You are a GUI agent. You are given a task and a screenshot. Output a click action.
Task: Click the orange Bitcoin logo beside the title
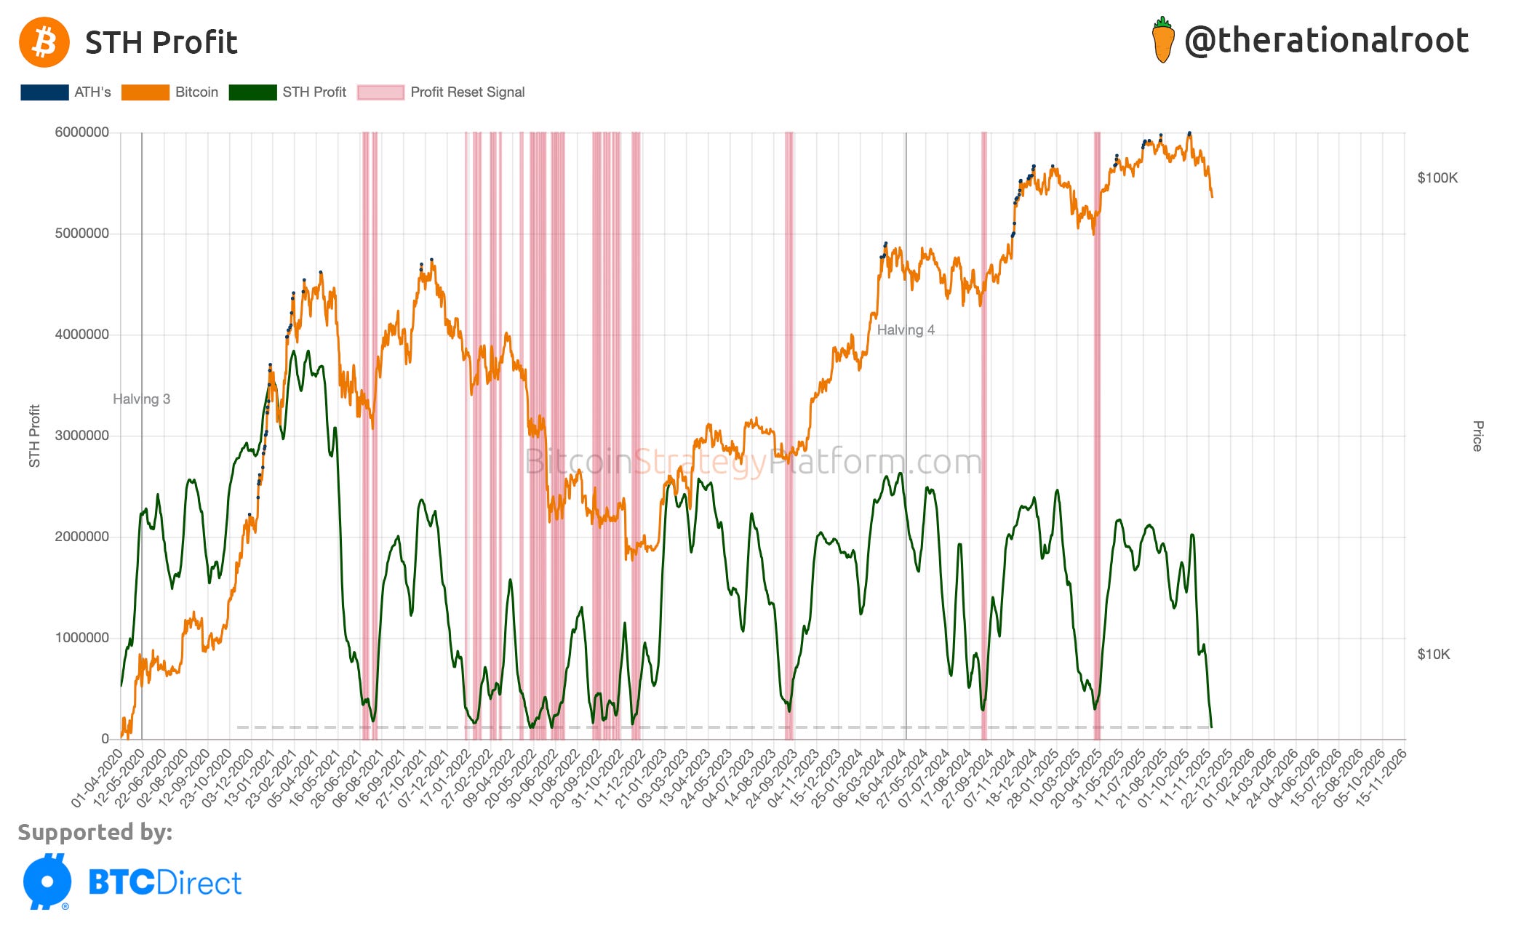[44, 42]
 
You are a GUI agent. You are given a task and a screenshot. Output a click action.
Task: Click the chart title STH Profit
[161, 43]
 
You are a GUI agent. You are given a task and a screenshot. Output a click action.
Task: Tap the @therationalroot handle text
[1326, 41]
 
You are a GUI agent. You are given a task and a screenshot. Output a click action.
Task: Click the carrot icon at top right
[1162, 40]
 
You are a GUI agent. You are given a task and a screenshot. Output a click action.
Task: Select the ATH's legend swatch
[44, 92]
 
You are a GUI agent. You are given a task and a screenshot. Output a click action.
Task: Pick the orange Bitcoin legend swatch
[145, 92]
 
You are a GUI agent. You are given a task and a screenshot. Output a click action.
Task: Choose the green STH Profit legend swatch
[252, 92]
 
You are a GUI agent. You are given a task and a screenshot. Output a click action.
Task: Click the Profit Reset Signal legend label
[467, 92]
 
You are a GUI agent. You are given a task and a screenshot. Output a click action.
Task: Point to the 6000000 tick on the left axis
[82, 132]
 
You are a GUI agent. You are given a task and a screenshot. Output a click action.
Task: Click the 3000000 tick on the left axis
[82, 436]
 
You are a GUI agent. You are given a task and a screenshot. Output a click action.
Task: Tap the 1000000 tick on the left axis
[82, 638]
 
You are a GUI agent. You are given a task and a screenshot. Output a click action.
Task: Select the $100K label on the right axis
[1437, 178]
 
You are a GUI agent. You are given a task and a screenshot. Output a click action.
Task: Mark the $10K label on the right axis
[1434, 655]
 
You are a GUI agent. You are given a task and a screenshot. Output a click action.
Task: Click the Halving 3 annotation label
[141, 399]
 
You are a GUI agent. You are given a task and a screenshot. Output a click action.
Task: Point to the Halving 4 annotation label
[906, 330]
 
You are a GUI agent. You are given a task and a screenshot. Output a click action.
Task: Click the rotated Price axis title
[1477, 436]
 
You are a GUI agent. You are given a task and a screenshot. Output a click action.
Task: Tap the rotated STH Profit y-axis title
[34, 436]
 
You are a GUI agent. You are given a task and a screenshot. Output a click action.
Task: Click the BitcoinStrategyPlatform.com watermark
[753, 462]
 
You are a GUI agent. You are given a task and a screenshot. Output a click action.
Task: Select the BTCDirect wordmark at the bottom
[164, 883]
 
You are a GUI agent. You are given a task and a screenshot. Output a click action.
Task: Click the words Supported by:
[95, 832]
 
